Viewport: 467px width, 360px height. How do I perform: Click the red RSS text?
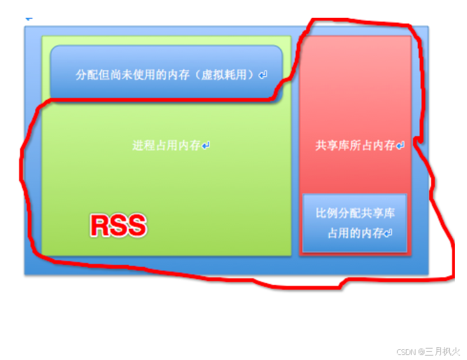(118, 226)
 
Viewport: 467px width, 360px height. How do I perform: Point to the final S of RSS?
(136, 226)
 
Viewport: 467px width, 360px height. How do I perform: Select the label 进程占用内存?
(166, 146)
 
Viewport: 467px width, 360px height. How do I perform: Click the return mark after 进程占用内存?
(206, 146)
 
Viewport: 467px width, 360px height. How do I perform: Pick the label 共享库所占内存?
(355, 146)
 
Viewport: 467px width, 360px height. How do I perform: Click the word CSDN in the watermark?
(407, 352)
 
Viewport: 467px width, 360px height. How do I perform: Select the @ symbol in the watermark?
(421, 352)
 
